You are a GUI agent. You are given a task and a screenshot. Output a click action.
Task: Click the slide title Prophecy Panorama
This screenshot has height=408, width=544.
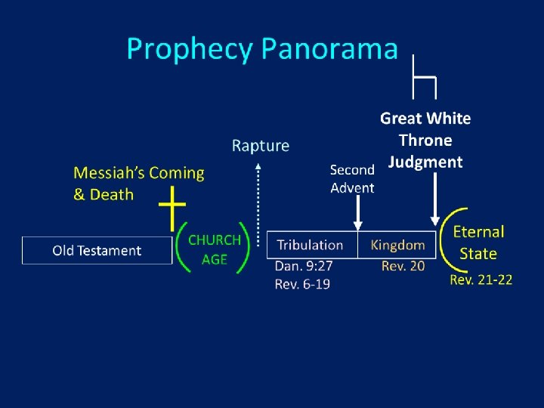click(261, 49)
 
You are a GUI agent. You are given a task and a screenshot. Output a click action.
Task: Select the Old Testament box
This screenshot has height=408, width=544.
click(97, 250)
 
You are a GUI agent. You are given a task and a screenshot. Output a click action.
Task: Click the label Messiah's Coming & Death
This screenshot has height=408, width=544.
click(138, 184)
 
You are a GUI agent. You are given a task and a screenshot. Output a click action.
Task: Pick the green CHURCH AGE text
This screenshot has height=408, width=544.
click(214, 249)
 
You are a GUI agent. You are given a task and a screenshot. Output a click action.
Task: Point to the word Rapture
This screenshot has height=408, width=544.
click(260, 146)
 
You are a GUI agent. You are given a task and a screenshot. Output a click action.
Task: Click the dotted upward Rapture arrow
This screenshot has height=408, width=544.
click(259, 200)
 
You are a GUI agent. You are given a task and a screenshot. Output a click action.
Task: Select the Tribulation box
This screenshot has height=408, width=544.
click(311, 245)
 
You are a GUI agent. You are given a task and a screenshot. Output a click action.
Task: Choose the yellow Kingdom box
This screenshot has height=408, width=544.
click(397, 245)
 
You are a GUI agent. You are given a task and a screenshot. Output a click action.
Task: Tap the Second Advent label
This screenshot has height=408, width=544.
click(352, 179)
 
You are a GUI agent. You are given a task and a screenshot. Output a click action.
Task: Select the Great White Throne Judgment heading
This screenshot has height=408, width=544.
click(425, 140)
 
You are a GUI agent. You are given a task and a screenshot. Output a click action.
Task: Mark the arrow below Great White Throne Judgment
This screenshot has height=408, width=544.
click(435, 198)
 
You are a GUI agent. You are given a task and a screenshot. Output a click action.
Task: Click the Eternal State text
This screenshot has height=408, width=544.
click(478, 243)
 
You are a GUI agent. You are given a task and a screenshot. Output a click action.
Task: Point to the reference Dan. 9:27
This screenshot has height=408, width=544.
click(304, 266)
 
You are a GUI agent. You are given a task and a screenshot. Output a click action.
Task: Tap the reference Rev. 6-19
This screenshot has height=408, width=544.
click(302, 284)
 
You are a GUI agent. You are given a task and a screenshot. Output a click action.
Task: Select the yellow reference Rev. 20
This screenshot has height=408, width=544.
click(403, 266)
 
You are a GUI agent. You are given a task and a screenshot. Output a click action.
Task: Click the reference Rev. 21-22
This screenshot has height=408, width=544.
click(481, 280)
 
